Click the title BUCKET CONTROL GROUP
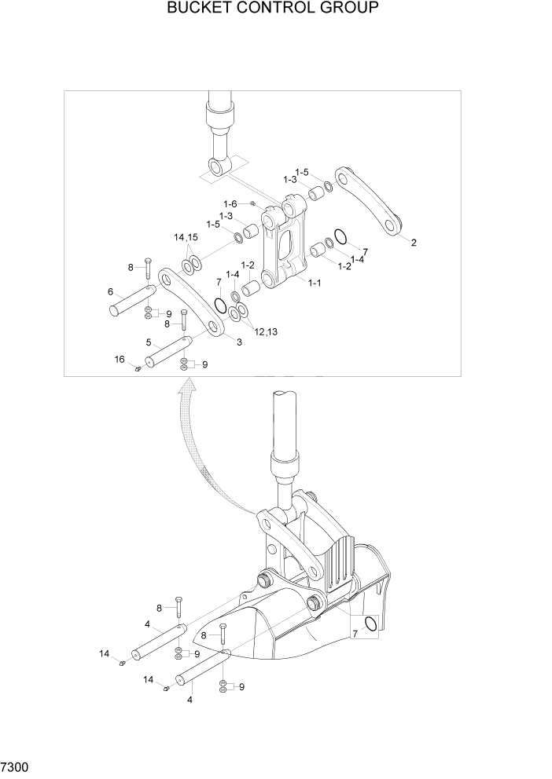(x=273, y=9)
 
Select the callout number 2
(x=414, y=243)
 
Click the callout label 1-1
(x=315, y=282)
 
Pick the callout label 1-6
(x=230, y=203)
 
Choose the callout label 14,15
(x=186, y=237)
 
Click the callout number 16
(x=120, y=359)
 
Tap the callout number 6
(x=111, y=291)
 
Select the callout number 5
(x=149, y=342)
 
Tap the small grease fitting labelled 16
(x=138, y=369)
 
